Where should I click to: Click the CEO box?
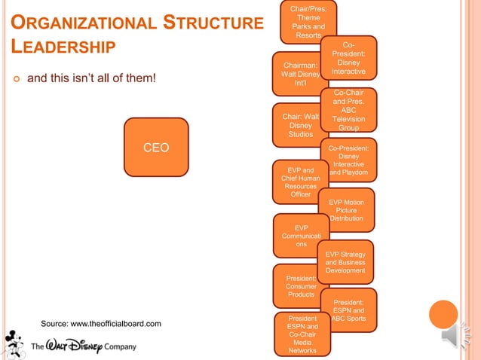156,147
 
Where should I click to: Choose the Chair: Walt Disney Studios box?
299,125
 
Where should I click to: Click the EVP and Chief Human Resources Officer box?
300,181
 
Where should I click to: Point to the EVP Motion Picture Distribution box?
347,209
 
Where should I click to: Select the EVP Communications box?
301,236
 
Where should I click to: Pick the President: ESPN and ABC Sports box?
348,309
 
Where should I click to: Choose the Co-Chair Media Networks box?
302,334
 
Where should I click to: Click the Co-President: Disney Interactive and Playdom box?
348,160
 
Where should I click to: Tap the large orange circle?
443,314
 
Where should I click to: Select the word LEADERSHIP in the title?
63,47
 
